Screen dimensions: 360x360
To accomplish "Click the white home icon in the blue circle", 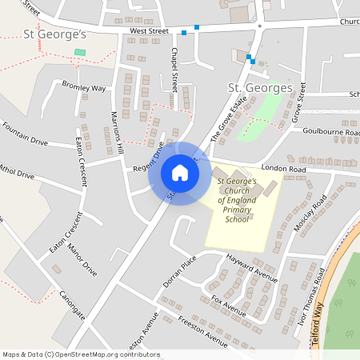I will click(180, 173).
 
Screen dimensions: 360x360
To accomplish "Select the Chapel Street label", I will click(174, 67).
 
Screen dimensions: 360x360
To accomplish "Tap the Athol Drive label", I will click(18, 170).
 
